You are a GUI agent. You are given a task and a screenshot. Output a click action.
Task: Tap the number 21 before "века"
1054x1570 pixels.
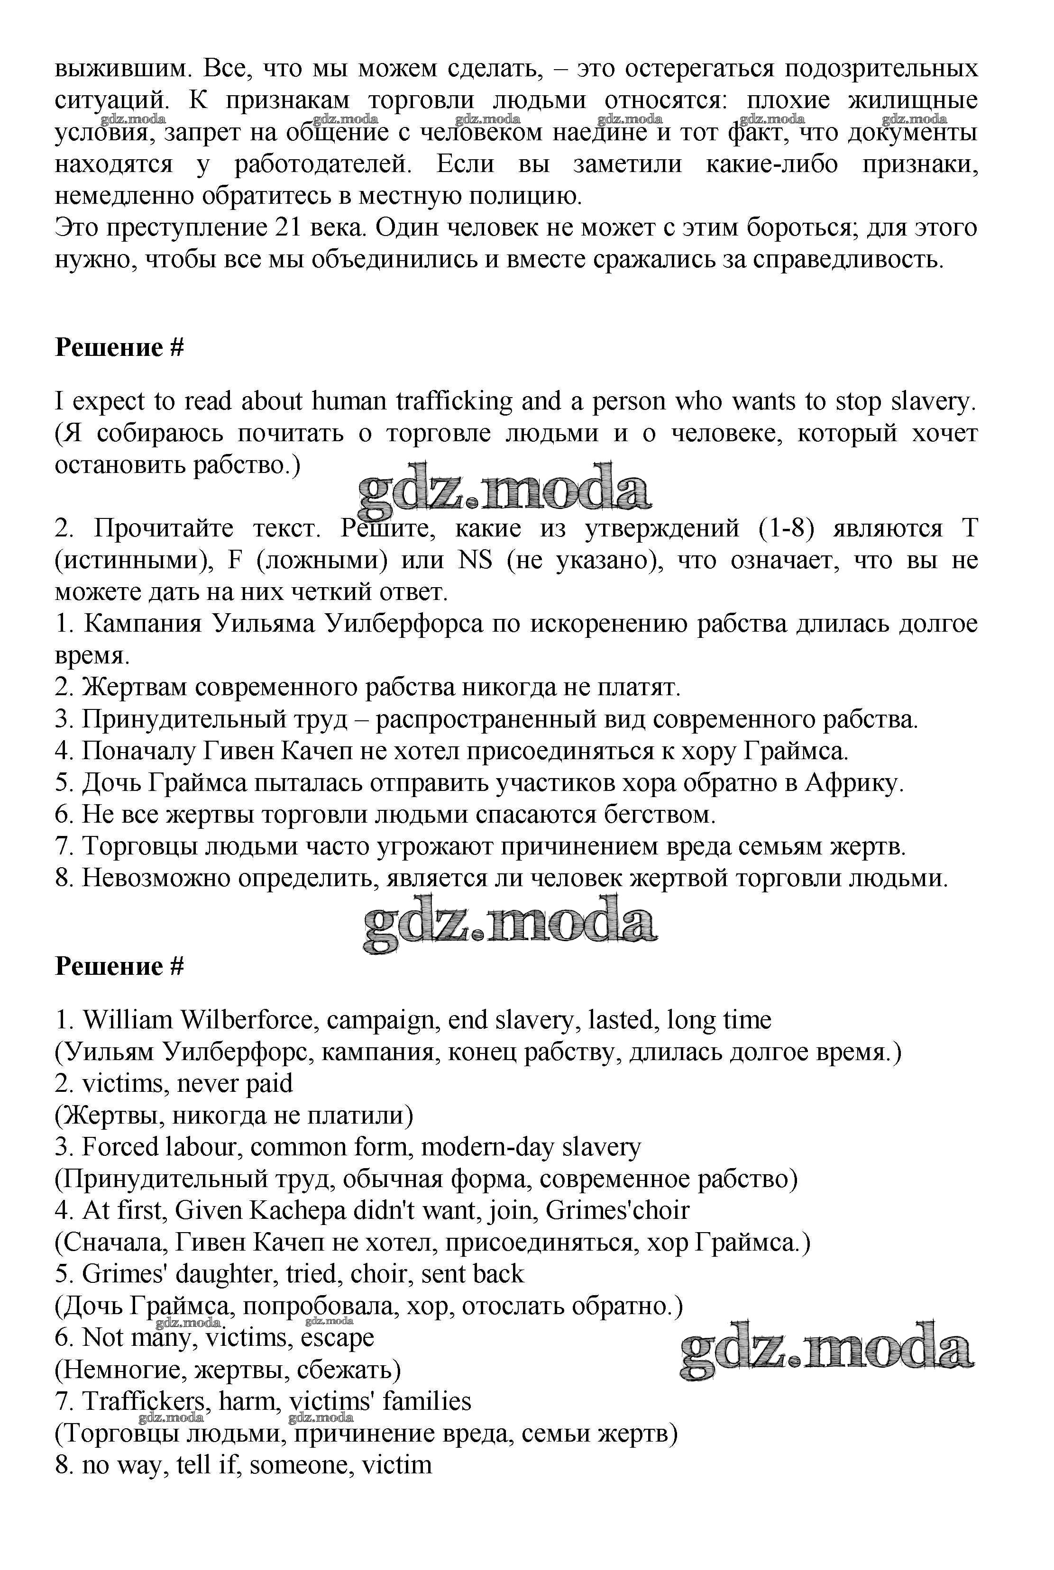click(290, 228)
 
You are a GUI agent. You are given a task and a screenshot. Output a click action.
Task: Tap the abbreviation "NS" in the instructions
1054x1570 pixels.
click(475, 561)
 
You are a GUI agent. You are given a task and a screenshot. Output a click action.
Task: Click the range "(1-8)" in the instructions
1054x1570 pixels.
click(786, 529)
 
